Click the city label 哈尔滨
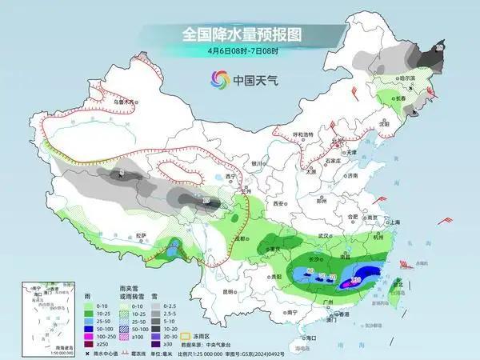410,78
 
